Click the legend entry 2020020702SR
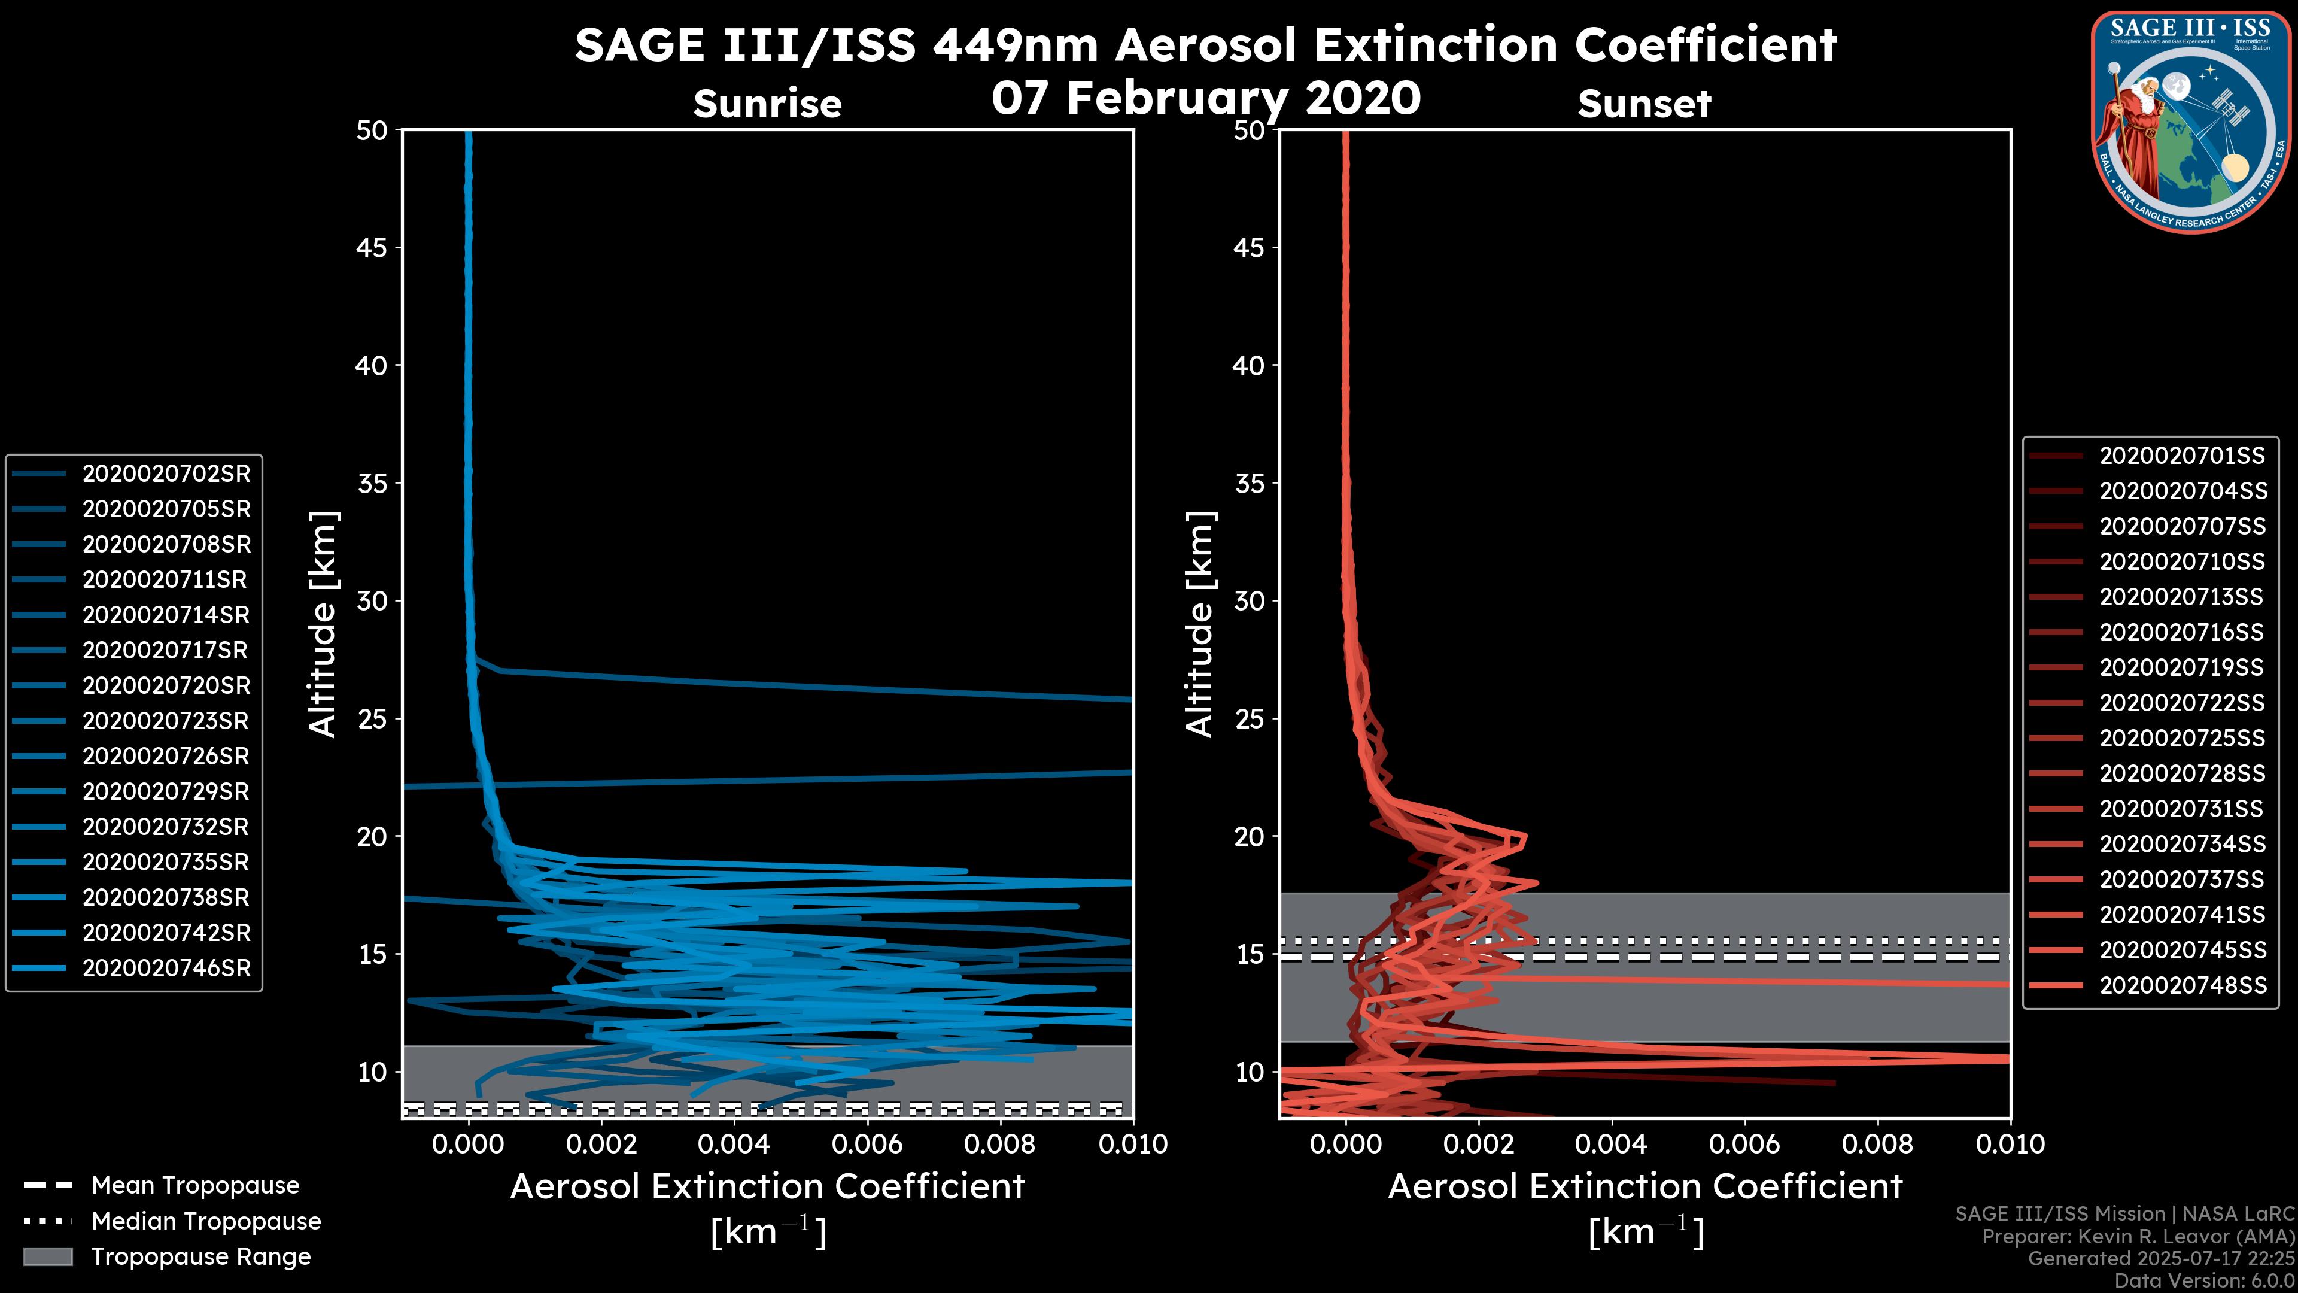coord(166,474)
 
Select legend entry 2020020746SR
coord(166,968)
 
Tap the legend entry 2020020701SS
coord(2181,456)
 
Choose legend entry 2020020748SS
coord(2181,985)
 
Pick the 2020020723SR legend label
coord(166,721)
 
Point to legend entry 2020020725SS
coord(2181,738)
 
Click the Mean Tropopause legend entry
coord(194,1185)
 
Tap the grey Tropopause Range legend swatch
coord(48,1256)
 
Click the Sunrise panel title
coord(767,104)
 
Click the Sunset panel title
coord(1643,104)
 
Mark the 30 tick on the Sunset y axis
coord(1249,600)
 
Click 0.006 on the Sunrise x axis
coord(866,1144)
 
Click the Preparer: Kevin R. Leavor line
coord(2138,1237)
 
